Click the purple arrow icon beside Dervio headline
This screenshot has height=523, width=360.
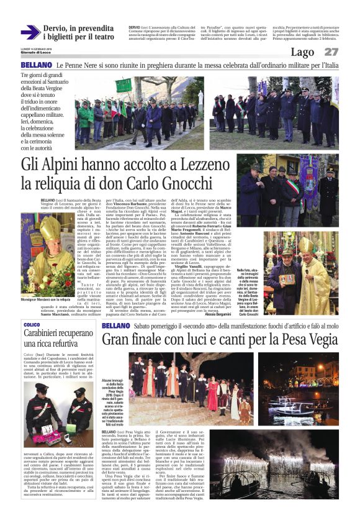coord(30,32)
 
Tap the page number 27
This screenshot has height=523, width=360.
coord(331,52)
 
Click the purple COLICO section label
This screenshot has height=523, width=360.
coord(32,325)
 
